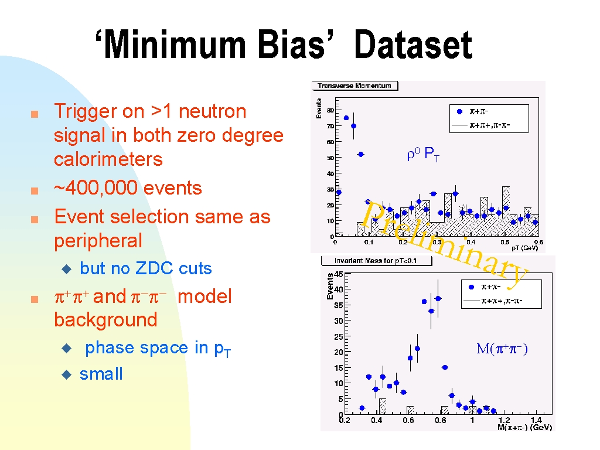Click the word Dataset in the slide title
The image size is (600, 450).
coord(413,45)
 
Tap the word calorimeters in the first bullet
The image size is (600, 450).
coord(108,159)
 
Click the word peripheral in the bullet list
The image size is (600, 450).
coord(98,241)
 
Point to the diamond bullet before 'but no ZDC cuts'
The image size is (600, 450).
coord(67,270)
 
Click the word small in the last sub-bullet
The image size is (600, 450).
coord(101,374)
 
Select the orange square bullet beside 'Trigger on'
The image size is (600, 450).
coord(35,114)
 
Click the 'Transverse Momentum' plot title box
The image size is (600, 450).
coord(354,86)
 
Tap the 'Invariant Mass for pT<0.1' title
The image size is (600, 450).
coord(376,261)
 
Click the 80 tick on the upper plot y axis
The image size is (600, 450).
coord(330,110)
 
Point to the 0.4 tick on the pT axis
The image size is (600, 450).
coord(471,242)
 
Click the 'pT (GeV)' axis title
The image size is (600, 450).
coord(524,248)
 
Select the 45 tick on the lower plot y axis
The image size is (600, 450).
coord(338,274)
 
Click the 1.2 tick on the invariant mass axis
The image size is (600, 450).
coord(504,420)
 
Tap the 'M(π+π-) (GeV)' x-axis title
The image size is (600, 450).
coord(524,427)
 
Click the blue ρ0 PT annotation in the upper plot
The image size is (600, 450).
coord(423,154)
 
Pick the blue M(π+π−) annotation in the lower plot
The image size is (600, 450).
coord(502,349)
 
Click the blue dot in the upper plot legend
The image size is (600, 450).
coord(460,112)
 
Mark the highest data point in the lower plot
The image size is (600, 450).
coord(438,298)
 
